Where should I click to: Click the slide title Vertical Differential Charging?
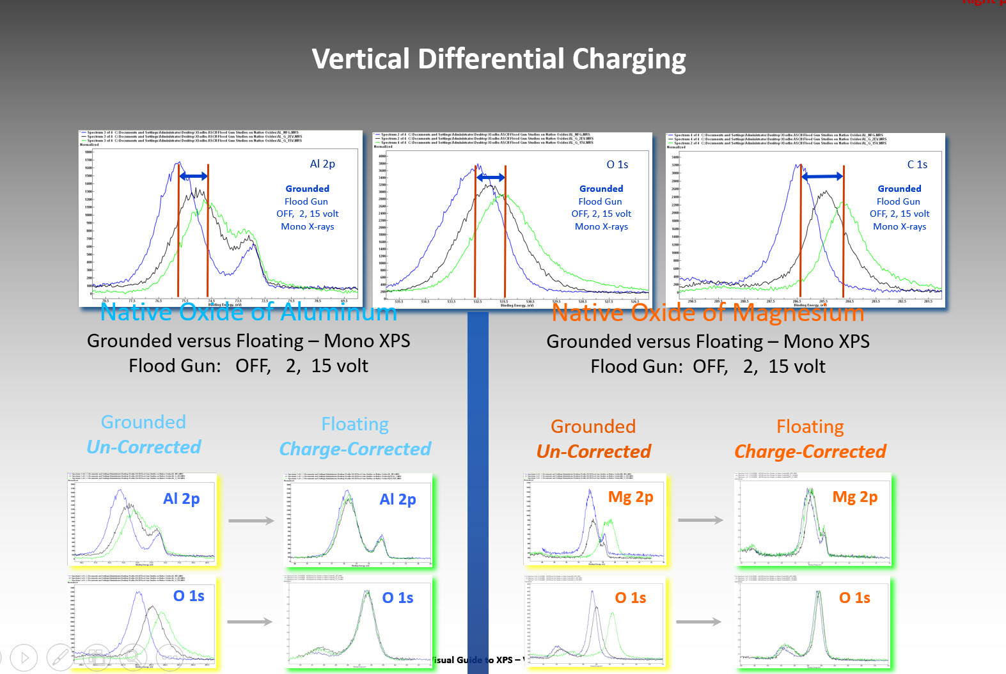click(x=498, y=59)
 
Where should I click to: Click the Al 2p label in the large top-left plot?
click(x=322, y=164)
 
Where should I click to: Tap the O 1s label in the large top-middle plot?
click(x=617, y=164)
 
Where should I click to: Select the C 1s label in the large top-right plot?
click(x=917, y=164)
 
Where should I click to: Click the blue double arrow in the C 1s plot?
click(x=822, y=176)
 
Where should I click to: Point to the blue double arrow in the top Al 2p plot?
click(x=193, y=176)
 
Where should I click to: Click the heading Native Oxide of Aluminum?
click(x=248, y=312)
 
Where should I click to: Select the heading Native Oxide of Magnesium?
click(x=707, y=313)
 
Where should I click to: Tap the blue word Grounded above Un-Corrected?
click(x=143, y=422)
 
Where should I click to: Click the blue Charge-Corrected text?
click(x=355, y=449)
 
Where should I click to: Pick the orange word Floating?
click(x=810, y=427)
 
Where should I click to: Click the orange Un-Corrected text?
click(x=593, y=451)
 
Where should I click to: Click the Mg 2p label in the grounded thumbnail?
click(x=630, y=497)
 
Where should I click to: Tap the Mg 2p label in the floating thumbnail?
click(x=854, y=497)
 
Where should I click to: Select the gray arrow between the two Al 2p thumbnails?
click(x=251, y=521)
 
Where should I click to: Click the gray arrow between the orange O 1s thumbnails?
click(x=698, y=622)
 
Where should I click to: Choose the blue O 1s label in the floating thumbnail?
click(x=397, y=598)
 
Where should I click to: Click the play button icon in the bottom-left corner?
click(x=24, y=657)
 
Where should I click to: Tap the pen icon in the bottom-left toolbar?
click(x=60, y=657)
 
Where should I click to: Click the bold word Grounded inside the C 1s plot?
click(x=899, y=189)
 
